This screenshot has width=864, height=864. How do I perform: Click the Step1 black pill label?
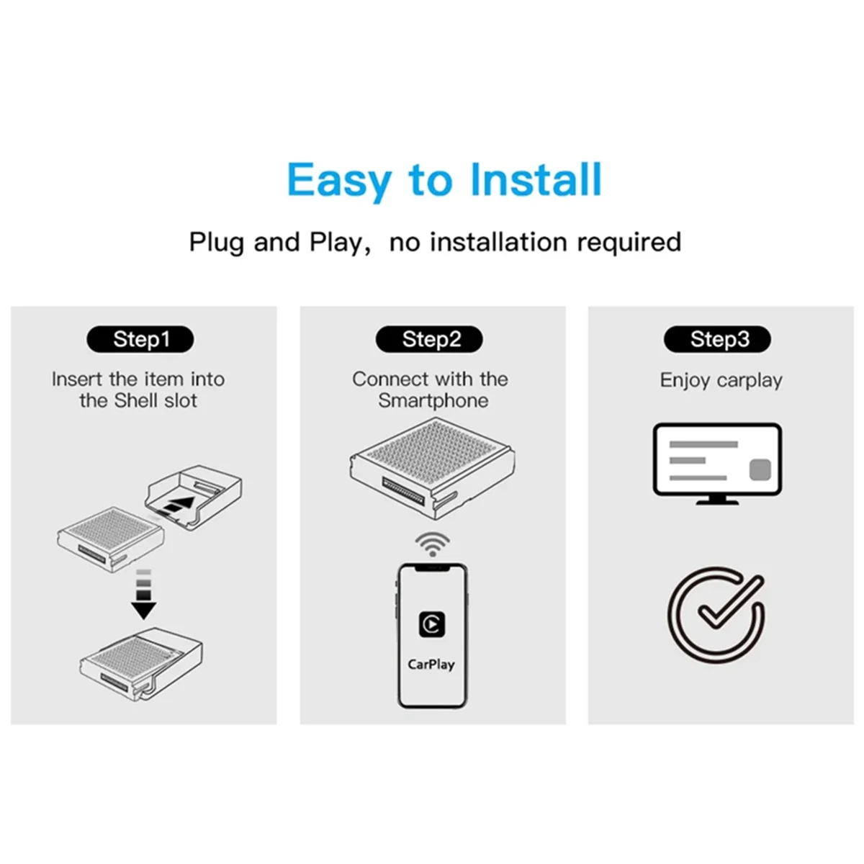point(140,339)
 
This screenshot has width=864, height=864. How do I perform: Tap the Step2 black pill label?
point(430,339)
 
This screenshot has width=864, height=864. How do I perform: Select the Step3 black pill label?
point(718,339)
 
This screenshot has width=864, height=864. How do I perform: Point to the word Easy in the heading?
point(339,179)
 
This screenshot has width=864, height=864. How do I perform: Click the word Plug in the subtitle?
point(217,242)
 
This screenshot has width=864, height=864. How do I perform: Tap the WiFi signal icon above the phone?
point(432,544)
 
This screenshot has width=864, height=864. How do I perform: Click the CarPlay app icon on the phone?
point(432,624)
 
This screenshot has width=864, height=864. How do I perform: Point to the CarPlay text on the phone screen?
point(431,665)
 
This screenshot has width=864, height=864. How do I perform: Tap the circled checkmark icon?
point(716,614)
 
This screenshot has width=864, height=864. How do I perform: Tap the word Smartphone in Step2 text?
point(433,400)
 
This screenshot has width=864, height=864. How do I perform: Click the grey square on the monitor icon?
point(760,470)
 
